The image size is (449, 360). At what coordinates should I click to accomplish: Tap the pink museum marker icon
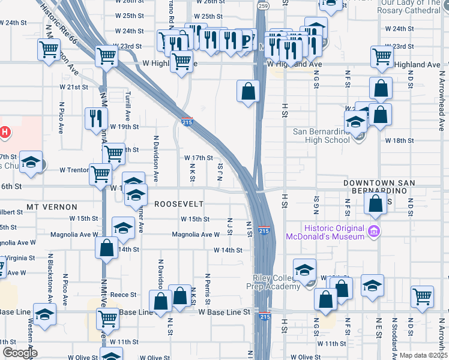373,231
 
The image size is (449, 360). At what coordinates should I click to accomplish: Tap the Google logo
19,353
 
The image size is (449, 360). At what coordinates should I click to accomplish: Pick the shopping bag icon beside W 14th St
106,247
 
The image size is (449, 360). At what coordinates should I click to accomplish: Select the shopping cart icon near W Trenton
100,174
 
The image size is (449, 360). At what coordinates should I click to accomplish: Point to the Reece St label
124,295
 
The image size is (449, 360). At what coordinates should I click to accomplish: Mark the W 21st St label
74,87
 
